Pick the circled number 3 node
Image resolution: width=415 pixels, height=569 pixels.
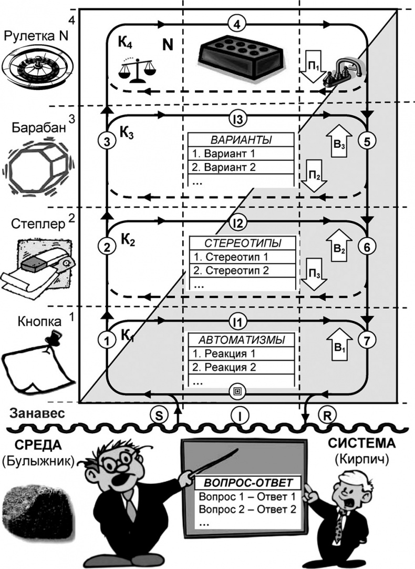click(107, 141)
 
